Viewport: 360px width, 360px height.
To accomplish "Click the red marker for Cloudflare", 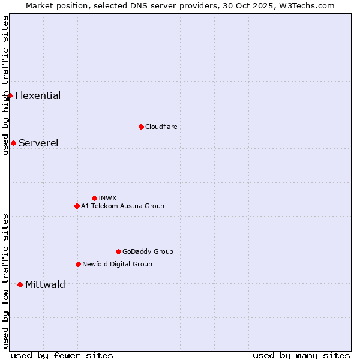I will click(141, 127).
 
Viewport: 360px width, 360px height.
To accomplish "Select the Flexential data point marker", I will click(10, 95).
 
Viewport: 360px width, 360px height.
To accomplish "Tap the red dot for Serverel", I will click(13, 143).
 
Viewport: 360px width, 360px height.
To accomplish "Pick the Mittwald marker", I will click(20, 284).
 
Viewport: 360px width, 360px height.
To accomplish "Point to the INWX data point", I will click(94, 198).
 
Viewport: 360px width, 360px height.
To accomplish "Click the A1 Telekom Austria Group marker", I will click(77, 206).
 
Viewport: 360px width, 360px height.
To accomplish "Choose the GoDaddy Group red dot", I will click(118, 251).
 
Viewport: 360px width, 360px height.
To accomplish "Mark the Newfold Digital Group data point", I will click(78, 264).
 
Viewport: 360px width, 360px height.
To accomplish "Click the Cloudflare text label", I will click(161, 127).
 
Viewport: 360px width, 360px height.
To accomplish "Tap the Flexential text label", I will click(38, 95).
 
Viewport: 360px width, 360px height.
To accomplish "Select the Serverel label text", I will click(38, 143).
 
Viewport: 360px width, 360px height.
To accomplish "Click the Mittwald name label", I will click(45, 284).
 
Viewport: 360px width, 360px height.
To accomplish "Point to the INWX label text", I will click(107, 198).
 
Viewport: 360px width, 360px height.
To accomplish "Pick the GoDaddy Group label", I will click(148, 251).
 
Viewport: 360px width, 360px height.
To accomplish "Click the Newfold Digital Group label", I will click(117, 264).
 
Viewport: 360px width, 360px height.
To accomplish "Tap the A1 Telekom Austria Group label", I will click(122, 206).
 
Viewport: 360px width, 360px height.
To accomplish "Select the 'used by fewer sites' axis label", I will click(62, 355).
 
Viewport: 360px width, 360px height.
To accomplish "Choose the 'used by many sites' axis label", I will click(301, 355).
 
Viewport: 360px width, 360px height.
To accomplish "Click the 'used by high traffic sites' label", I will click(5, 85).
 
